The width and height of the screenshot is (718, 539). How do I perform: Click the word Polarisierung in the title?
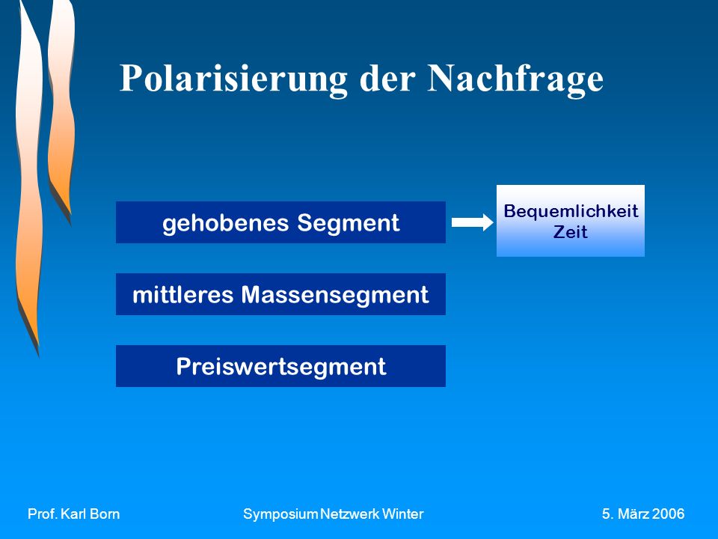[x=233, y=79]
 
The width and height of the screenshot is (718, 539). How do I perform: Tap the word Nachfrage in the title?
[x=515, y=79]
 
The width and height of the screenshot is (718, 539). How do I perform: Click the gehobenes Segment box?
[x=280, y=222]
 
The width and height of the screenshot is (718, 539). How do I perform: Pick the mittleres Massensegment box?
[x=280, y=294]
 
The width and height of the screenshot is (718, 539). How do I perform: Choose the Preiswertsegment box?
[x=280, y=366]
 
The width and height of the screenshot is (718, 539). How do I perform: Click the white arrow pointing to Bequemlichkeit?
[x=473, y=222]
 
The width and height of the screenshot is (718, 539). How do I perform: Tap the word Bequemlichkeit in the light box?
[x=571, y=211]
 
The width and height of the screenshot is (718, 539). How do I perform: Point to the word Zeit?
[x=571, y=232]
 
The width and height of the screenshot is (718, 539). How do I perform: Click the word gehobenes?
[x=226, y=224]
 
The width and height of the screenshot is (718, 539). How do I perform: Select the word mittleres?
[x=183, y=295]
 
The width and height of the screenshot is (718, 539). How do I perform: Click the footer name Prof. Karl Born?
[x=74, y=514]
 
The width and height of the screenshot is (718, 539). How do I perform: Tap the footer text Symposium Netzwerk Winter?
[x=334, y=514]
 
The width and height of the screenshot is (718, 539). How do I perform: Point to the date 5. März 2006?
[x=643, y=514]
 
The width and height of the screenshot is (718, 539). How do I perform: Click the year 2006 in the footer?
[x=668, y=514]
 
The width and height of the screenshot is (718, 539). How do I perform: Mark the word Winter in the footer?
[x=403, y=514]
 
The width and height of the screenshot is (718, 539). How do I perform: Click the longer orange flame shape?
[x=28, y=183]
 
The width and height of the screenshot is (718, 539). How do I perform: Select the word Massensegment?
[x=335, y=296]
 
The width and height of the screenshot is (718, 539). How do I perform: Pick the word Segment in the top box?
[x=349, y=224]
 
